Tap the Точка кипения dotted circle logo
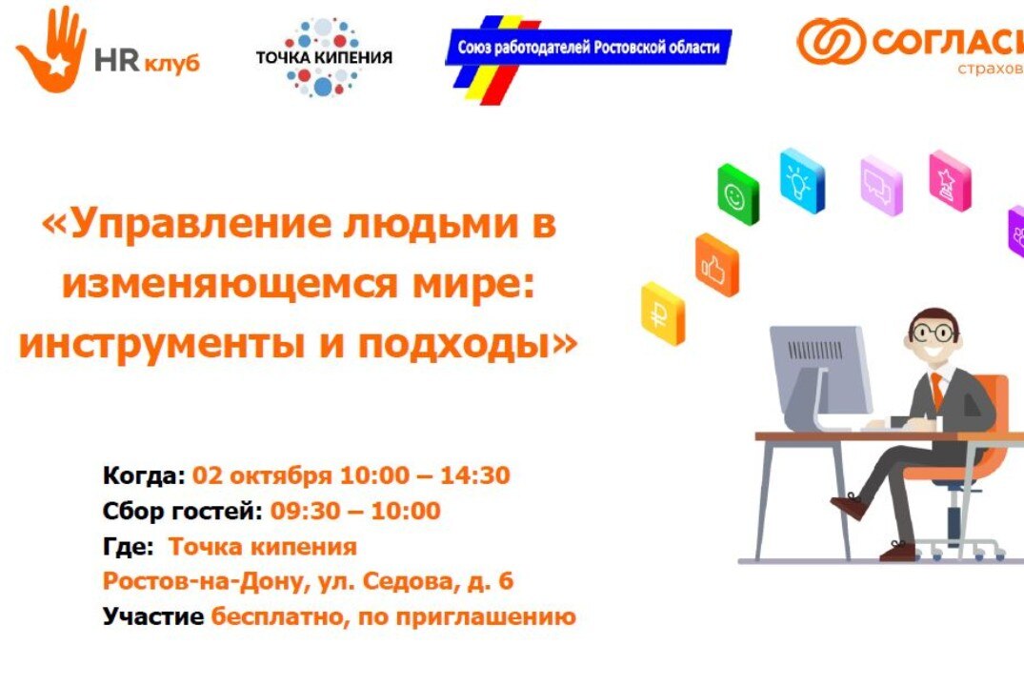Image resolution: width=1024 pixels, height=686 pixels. pyautogui.click(x=323, y=56)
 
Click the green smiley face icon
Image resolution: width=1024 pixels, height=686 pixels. pyautogui.click(x=737, y=195)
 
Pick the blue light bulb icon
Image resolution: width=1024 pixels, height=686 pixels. pyautogui.click(x=801, y=178)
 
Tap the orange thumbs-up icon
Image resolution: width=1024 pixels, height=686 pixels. pyautogui.click(x=716, y=266)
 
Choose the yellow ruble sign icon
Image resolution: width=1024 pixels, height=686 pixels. pyautogui.click(x=663, y=312)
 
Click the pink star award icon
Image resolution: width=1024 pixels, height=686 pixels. pyautogui.click(x=950, y=180)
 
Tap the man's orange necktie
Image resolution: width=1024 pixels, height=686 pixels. pyautogui.click(x=938, y=391)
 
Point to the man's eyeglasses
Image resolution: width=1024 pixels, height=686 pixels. pyautogui.click(x=933, y=333)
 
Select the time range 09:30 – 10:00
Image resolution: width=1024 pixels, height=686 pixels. pyautogui.click(x=355, y=512)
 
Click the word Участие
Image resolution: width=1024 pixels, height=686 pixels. pyautogui.click(x=152, y=616)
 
